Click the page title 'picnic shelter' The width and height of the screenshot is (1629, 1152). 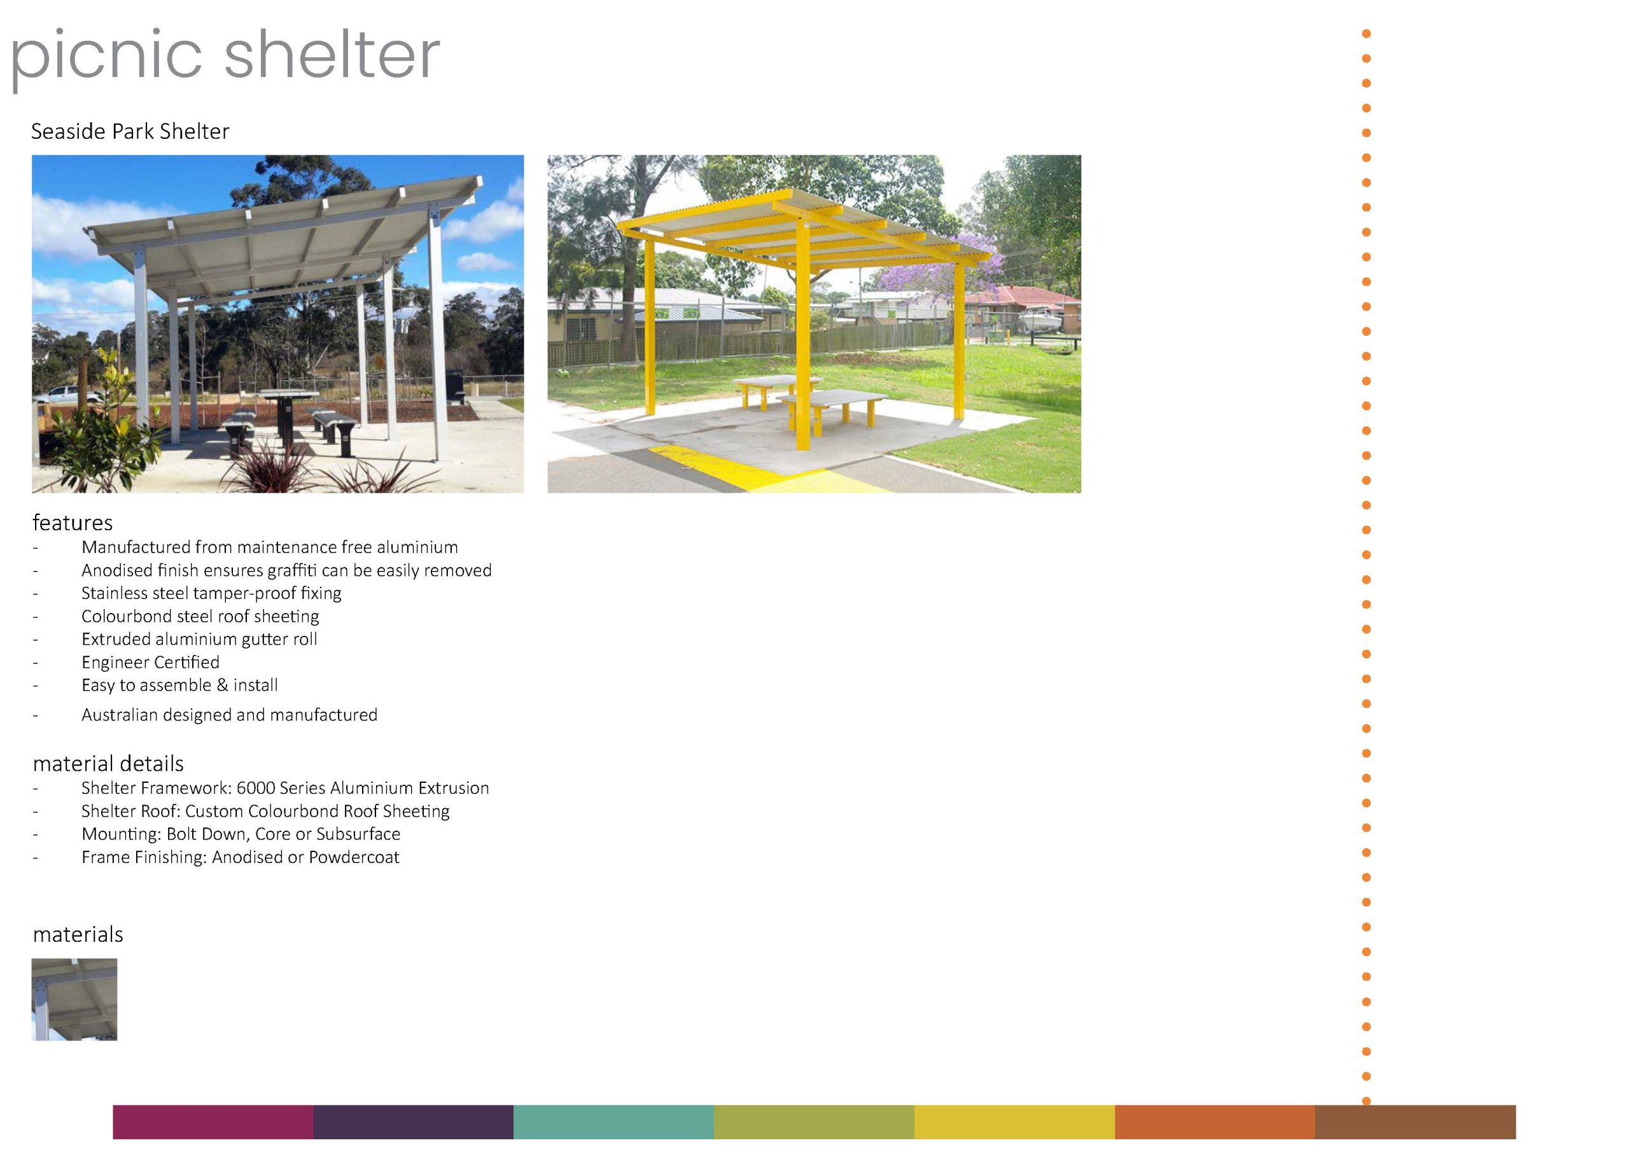[x=226, y=57]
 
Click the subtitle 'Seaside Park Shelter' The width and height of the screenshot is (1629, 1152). [x=130, y=131]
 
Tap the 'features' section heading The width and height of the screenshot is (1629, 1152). [x=73, y=523]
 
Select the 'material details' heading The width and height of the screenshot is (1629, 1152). [x=108, y=764]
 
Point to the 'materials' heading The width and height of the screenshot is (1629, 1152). [x=78, y=934]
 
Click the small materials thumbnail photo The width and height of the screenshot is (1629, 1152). [x=74, y=999]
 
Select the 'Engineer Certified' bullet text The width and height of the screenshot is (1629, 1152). [x=150, y=662]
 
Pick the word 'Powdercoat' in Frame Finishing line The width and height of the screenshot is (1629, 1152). [x=354, y=857]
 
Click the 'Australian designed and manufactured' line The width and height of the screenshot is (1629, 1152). [x=229, y=715]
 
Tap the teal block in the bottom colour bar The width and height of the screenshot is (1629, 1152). [x=613, y=1121]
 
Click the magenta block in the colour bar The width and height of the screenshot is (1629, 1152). [x=213, y=1121]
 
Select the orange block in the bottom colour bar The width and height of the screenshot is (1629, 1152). [x=1215, y=1121]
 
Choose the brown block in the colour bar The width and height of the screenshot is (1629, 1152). [x=1415, y=1121]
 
